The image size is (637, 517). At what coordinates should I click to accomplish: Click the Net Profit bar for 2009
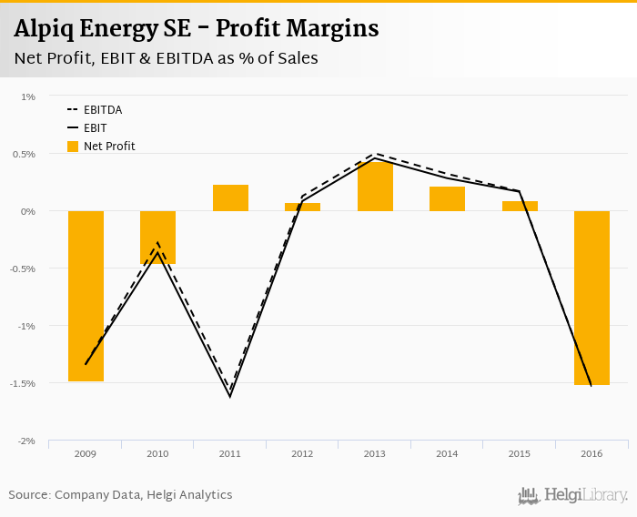coord(86,296)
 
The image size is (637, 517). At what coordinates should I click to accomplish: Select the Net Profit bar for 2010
coord(157,238)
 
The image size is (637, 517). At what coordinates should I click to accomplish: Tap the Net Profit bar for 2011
coord(230,198)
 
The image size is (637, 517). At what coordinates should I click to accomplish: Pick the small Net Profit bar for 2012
coord(302,207)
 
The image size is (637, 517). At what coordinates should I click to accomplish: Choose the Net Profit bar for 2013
coord(375,186)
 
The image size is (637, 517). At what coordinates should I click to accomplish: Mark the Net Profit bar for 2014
coord(447,198)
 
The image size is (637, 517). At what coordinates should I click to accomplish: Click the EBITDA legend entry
coord(102,109)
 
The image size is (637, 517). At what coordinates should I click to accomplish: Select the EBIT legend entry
coord(95,127)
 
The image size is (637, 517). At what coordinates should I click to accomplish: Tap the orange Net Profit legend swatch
coord(73,146)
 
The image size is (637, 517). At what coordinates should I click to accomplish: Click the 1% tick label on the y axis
coord(28,96)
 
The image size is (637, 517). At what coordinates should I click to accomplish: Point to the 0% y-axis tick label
coord(28,211)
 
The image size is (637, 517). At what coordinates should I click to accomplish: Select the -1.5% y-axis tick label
coord(23,383)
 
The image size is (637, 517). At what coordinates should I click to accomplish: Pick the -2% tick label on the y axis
coord(25,441)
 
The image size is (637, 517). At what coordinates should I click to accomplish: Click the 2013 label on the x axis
coord(375,452)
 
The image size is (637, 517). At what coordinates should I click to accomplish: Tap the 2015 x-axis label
coord(519,452)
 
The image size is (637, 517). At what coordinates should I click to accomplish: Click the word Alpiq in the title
coord(45,29)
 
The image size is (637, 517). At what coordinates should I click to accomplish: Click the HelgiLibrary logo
coord(573,495)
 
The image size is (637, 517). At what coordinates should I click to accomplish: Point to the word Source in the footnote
coord(29,494)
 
